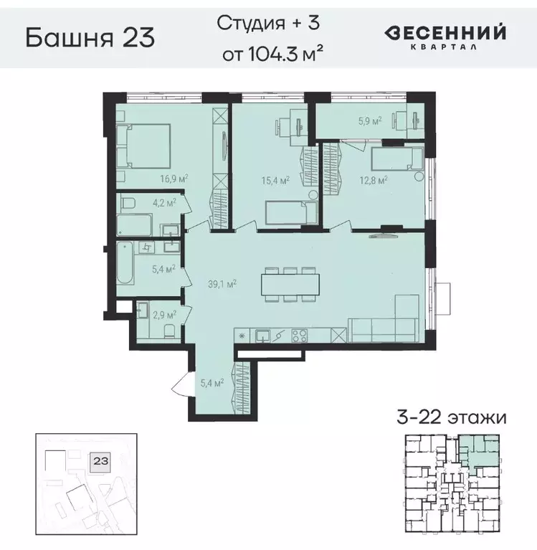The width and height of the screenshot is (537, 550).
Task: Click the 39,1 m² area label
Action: click(222, 283)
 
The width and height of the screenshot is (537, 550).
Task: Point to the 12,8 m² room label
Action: click(374, 180)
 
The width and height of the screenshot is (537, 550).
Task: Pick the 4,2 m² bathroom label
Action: click(164, 203)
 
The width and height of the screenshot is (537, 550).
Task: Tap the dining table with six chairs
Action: click(290, 284)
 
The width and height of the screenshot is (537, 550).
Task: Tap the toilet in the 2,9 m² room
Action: click(168, 330)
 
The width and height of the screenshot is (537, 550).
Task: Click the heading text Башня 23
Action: click(90, 37)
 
